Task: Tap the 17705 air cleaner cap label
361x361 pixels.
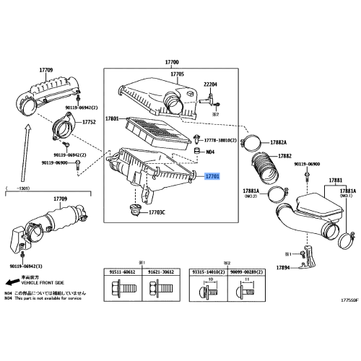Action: [178, 74]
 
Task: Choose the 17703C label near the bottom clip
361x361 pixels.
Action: [157, 212]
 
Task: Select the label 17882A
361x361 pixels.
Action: [279, 143]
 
